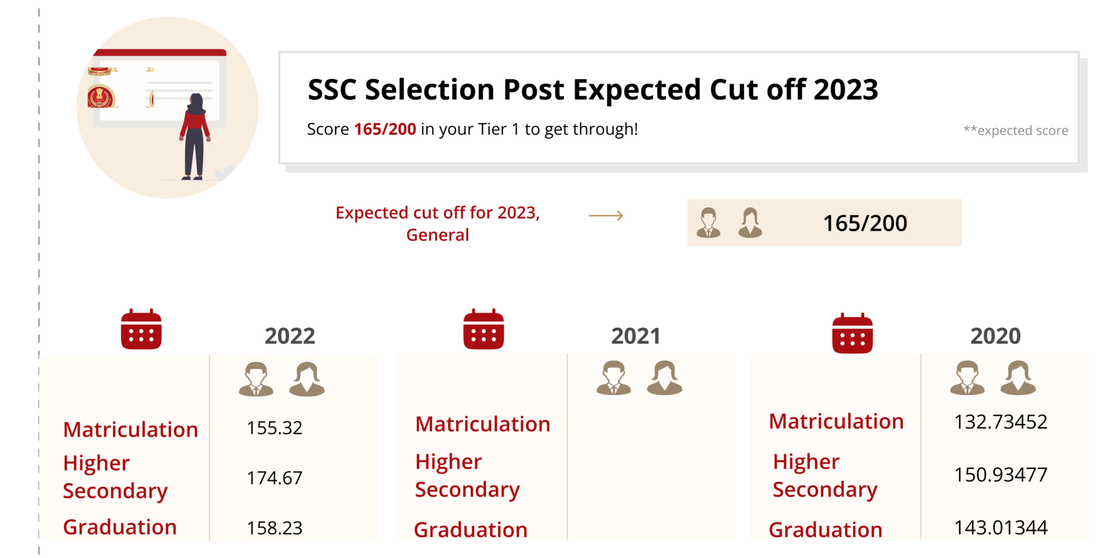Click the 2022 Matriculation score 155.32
[x=274, y=428]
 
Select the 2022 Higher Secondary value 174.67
[x=274, y=478]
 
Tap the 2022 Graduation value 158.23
[x=274, y=528]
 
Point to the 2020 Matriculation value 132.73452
[x=1000, y=422]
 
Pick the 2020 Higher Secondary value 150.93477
[x=1000, y=474]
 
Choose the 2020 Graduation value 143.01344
[x=1000, y=527]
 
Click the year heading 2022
[x=290, y=336]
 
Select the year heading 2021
[x=636, y=336]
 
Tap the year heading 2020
[x=995, y=336]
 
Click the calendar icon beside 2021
[x=484, y=329]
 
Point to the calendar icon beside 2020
[x=852, y=333]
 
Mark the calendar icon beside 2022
[x=141, y=329]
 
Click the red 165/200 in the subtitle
[x=385, y=129]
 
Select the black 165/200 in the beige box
[x=865, y=223]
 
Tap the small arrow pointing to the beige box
[x=606, y=216]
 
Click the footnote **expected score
[x=1015, y=130]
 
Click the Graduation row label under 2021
[x=471, y=529]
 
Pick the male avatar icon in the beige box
[x=709, y=223]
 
